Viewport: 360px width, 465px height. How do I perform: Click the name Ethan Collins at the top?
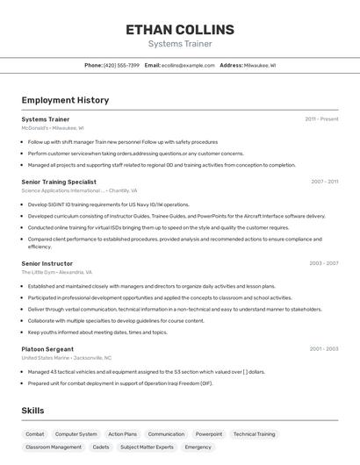click(180, 29)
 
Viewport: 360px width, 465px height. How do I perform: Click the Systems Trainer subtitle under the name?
click(180, 44)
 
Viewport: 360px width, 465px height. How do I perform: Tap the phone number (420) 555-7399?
click(121, 65)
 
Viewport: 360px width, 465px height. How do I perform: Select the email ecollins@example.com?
click(188, 65)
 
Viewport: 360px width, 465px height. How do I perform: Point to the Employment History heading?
click(65, 100)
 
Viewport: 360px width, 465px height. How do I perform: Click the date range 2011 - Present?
click(321, 118)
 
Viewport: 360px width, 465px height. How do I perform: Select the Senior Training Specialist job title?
click(59, 182)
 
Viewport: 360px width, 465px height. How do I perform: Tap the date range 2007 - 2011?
click(324, 182)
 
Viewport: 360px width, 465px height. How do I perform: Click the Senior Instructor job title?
click(47, 263)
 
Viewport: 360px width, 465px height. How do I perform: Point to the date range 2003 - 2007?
click(324, 263)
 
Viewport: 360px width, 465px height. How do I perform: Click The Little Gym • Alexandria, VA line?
click(57, 272)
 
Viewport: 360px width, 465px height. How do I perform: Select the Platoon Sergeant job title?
click(47, 349)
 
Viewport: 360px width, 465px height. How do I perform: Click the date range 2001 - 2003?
click(324, 349)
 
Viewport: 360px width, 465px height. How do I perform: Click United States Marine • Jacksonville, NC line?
click(67, 358)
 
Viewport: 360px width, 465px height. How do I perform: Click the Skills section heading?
click(33, 411)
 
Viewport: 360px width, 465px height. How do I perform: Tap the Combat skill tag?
click(35, 434)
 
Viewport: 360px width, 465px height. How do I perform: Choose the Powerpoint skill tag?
click(209, 434)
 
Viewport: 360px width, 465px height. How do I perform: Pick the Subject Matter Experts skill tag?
click(147, 447)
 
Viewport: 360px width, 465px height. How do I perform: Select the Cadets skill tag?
click(101, 447)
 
